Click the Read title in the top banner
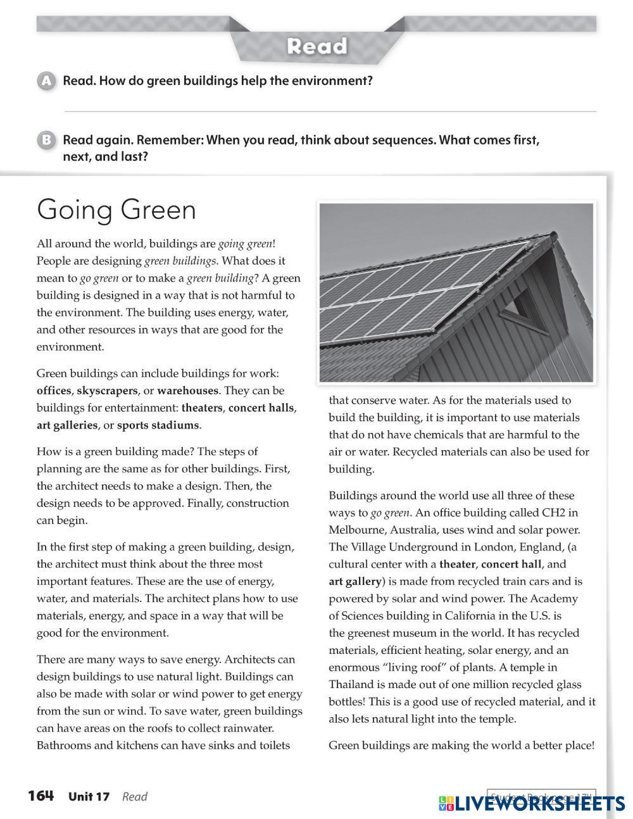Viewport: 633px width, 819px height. click(x=316, y=46)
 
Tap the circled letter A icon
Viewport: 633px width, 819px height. click(x=46, y=81)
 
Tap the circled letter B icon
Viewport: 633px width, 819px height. click(x=46, y=140)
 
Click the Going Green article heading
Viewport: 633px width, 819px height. click(x=116, y=210)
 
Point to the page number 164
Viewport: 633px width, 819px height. click(x=41, y=796)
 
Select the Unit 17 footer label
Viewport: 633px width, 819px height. click(x=89, y=797)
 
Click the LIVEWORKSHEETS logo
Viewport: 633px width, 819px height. click(x=532, y=803)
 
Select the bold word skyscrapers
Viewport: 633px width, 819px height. click(x=107, y=391)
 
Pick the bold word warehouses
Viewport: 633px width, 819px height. click(x=187, y=391)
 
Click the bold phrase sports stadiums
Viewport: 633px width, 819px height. click(x=158, y=425)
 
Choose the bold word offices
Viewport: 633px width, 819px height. click(x=54, y=391)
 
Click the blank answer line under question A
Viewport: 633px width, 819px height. click(x=329, y=111)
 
